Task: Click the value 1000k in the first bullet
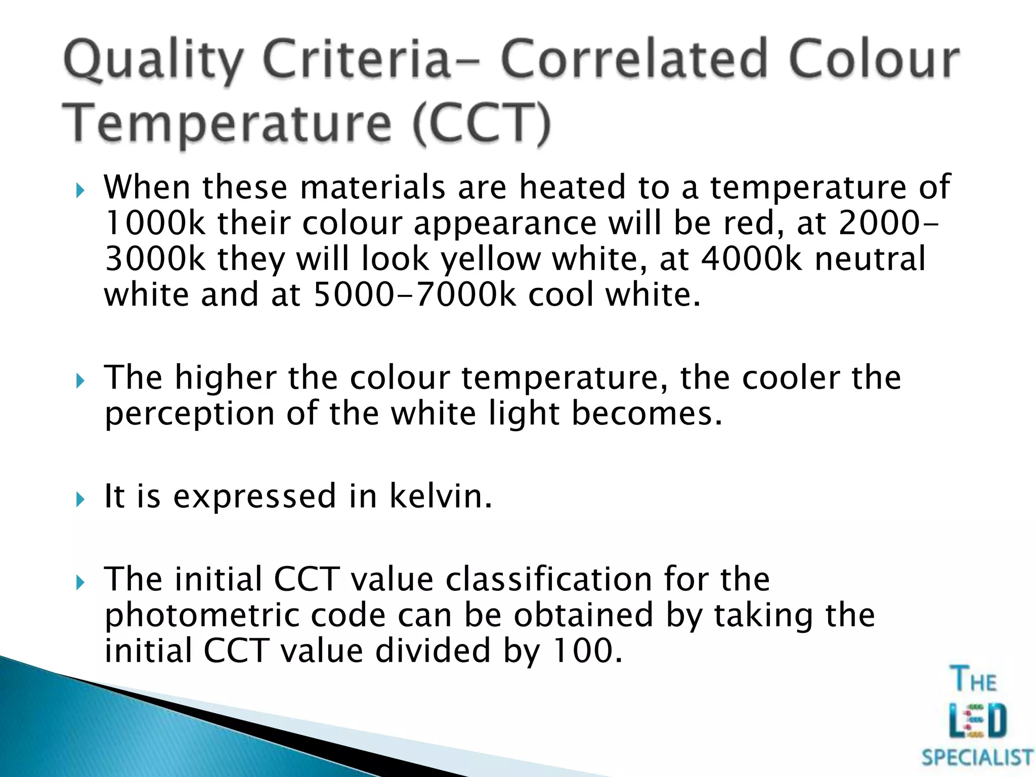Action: [x=155, y=223]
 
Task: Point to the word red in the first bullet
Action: [x=749, y=223]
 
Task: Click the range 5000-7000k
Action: [x=415, y=294]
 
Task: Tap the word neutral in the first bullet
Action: [x=870, y=258]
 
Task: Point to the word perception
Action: [x=189, y=414]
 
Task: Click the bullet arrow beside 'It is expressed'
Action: [x=80, y=500]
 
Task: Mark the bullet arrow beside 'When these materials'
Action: [x=80, y=191]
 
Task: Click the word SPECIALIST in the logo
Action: [x=976, y=758]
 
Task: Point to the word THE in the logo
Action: [x=974, y=680]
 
